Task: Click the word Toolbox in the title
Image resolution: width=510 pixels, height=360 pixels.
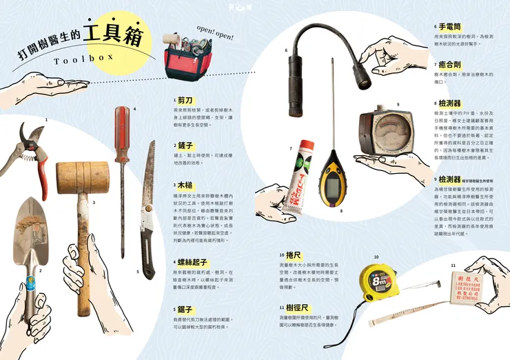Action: (83, 59)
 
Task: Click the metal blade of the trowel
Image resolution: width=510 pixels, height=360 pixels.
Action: (31, 224)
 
